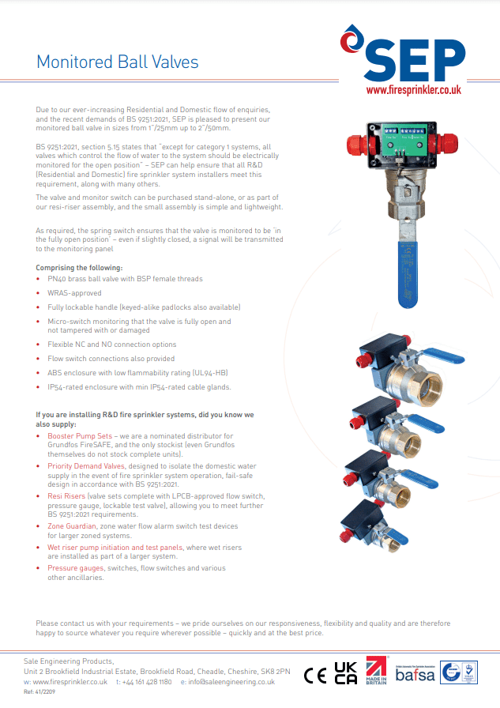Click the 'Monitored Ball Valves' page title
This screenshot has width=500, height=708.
(118, 62)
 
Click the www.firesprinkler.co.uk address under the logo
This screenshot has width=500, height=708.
(413, 91)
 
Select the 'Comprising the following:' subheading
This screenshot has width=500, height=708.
(80, 268)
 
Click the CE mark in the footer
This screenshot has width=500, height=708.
(315, 676)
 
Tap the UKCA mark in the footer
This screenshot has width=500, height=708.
(345, 673)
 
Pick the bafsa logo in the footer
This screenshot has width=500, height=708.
(414, 674)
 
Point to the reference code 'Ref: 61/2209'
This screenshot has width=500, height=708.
(39, 691)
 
